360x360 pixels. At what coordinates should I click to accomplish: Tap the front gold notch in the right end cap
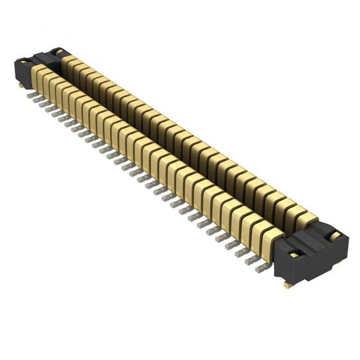click(292, 255)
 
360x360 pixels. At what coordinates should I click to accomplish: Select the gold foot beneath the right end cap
click(288, 285)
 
